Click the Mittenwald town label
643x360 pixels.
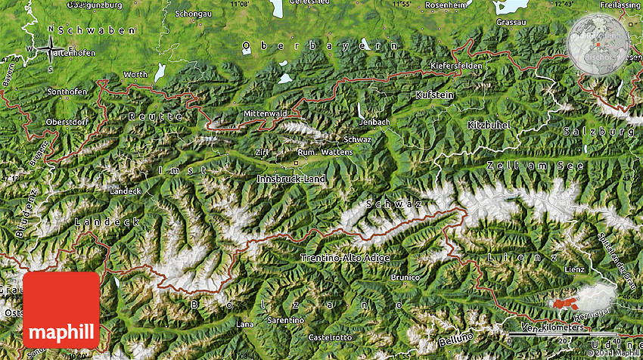[x=265, y=113]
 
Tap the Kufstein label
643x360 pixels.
[x=435, y=95]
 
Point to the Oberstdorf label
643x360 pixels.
[x=67, y=122]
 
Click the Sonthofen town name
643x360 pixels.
[x=67, y=92]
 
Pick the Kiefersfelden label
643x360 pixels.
[x=456, y=66]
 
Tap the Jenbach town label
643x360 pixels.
[x=374, y=121]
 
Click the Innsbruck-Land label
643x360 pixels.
[x=291, y=178]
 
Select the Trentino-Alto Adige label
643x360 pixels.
[x=346, y=258]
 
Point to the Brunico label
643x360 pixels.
[x=405, y=278]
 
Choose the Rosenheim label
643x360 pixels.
[x=446, y=5]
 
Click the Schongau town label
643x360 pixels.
[x=193, y=14]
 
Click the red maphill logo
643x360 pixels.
[x=61, y=310]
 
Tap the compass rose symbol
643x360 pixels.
[x=51, y=50]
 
